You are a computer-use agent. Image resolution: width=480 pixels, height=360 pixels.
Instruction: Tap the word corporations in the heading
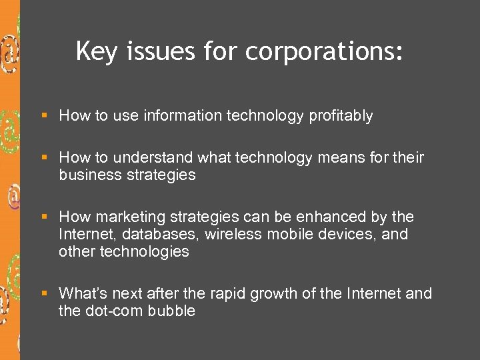point(325,51)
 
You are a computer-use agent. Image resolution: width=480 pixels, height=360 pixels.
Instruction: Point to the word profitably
point(341,116)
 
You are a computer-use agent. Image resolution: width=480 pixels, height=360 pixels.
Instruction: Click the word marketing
point(131,217)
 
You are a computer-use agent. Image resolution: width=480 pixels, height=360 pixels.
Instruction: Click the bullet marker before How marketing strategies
point(45,217)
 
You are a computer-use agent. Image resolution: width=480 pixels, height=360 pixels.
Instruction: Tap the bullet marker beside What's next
point(45,294)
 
